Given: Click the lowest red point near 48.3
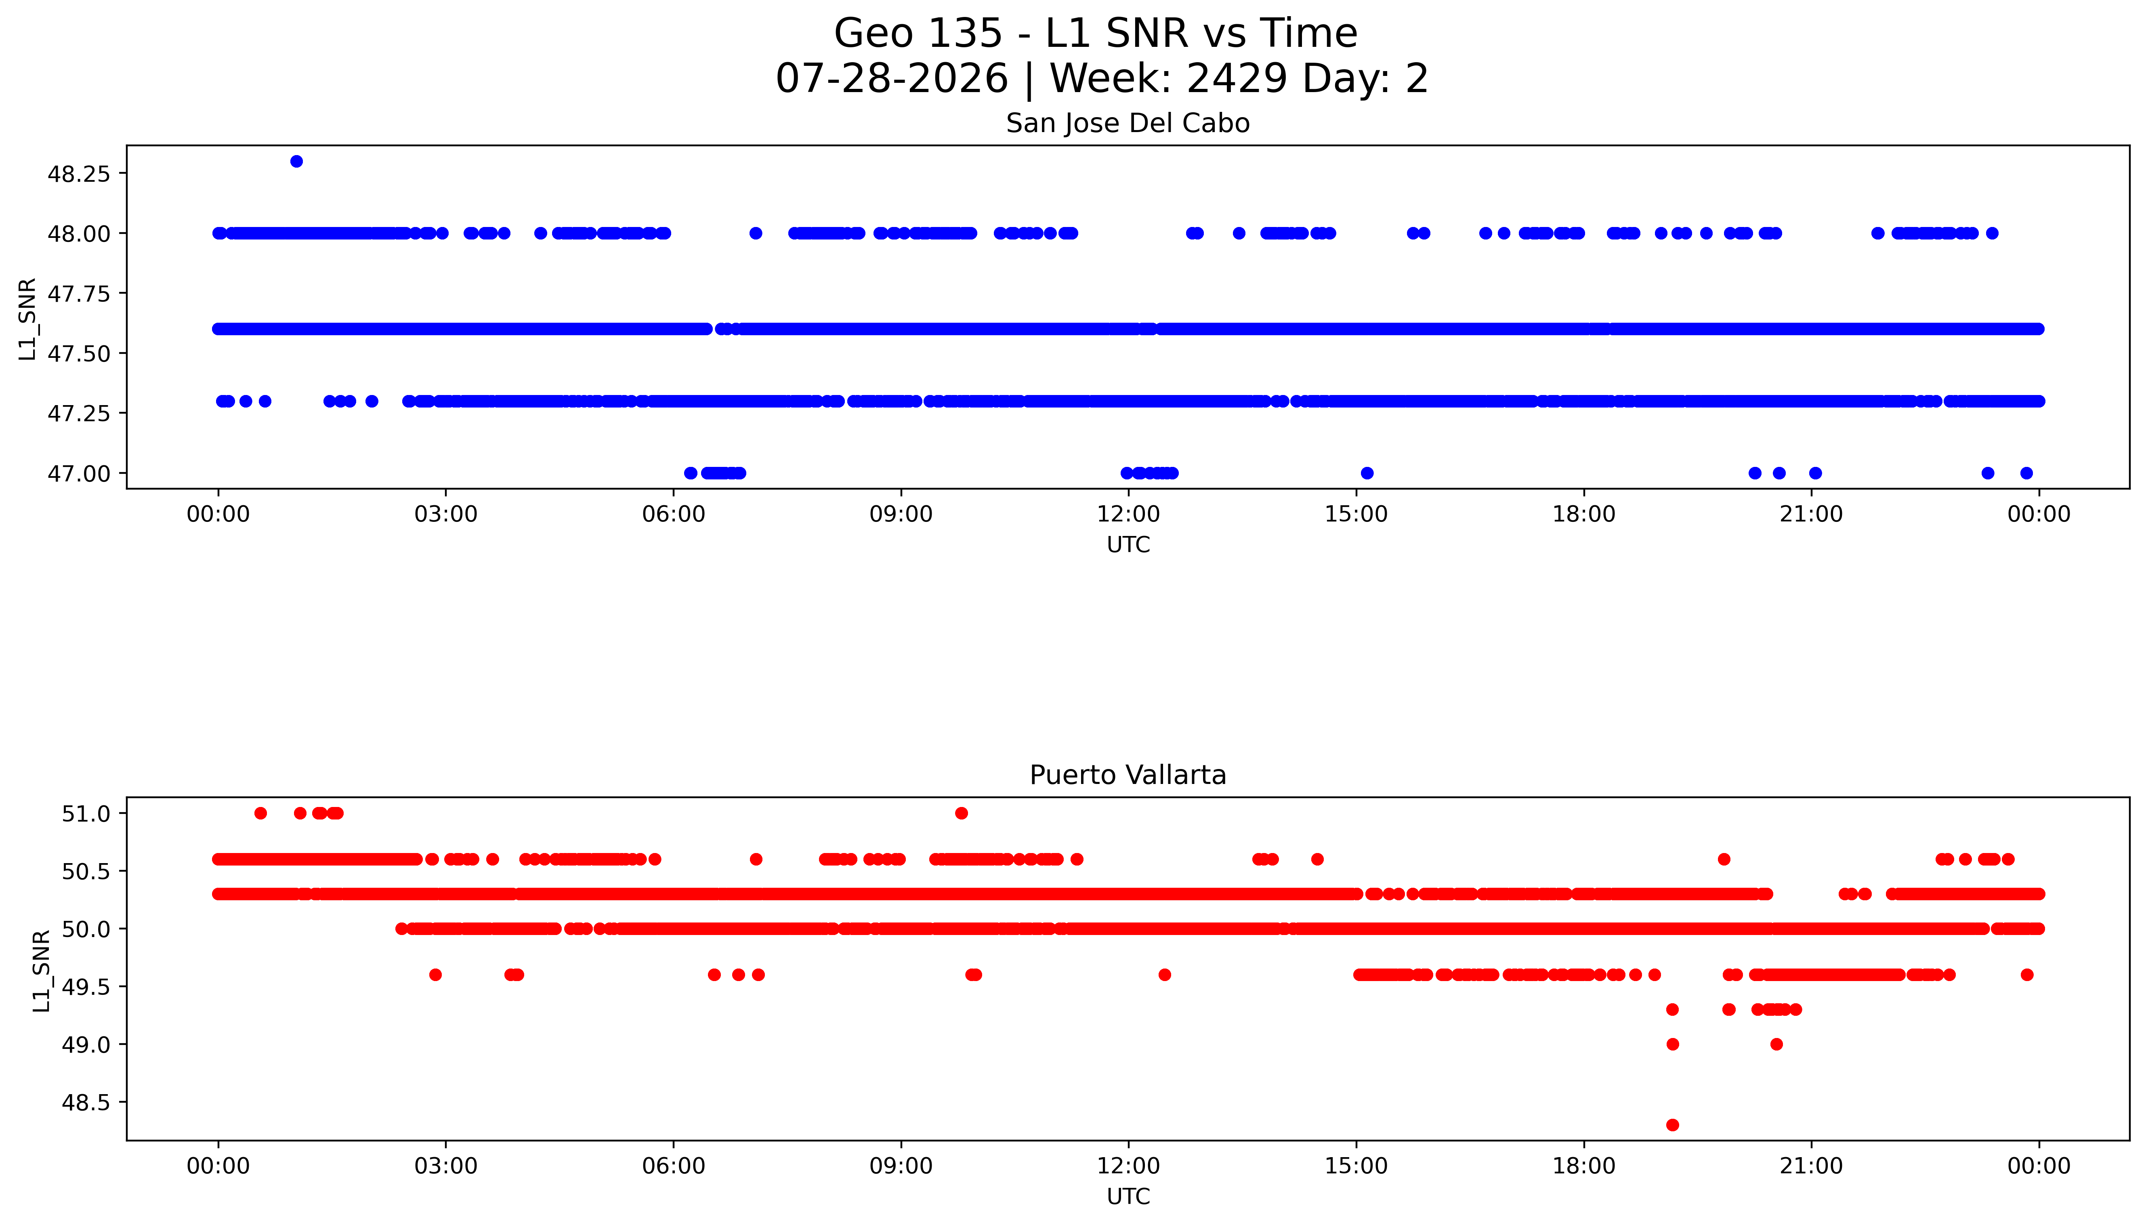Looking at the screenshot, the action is [x=1672, y=1125].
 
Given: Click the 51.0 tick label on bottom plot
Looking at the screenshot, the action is [x=87, y=813].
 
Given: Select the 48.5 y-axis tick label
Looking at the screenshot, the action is [x=87, y=1102].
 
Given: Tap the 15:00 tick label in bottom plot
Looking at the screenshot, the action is [x=1356, y=1166].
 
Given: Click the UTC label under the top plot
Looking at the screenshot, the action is [x=1128, y=545].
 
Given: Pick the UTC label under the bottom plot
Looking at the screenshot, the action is [x=1128, y=1196].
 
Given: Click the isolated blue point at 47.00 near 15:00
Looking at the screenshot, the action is [x=1367, y=473].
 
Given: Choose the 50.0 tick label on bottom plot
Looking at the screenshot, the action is [x=87, y=929].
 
